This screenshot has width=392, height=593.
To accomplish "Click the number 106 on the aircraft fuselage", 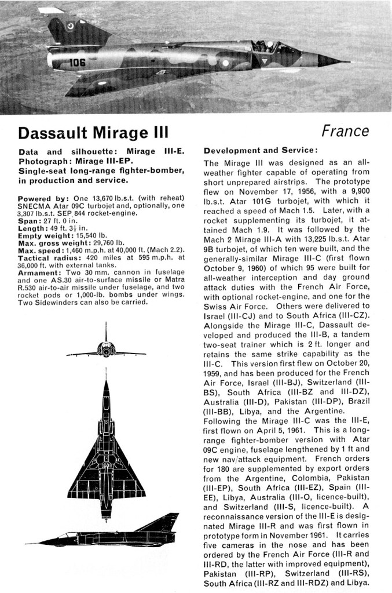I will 78,62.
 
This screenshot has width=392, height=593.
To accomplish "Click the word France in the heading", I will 345,131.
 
